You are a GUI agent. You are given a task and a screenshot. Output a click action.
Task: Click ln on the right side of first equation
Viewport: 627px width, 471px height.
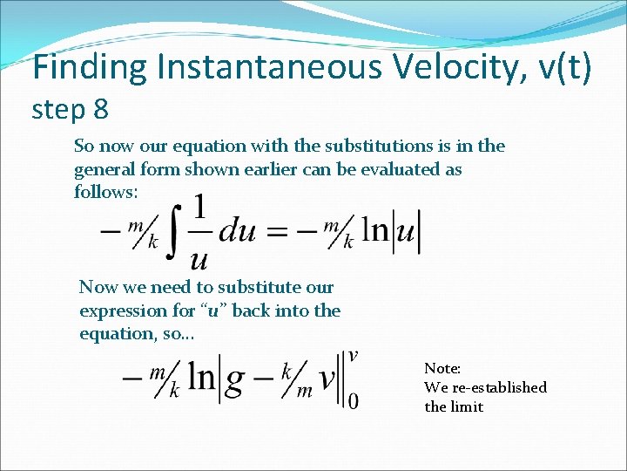click(375, 232)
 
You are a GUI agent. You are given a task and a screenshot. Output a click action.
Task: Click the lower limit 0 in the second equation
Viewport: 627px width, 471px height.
click(353, 401)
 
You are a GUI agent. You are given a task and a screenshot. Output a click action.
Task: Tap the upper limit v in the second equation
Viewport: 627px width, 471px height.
click(354, 355)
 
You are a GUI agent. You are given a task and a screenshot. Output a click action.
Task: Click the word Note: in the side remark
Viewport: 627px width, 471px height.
click(442, 369)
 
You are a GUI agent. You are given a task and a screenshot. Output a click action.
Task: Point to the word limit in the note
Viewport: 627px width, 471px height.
click(466, 406)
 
